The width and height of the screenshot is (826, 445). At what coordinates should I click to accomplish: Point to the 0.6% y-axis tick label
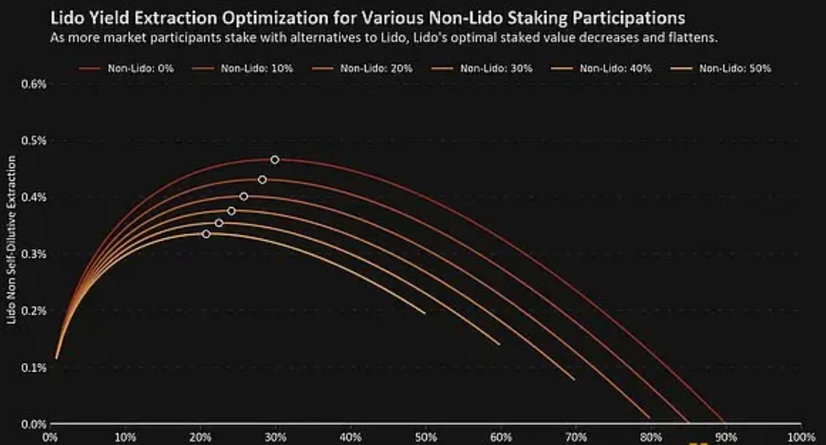[33, 83]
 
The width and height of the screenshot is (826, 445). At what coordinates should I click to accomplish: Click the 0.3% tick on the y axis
[33, 254]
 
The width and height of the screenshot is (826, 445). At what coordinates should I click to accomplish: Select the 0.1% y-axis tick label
[33, 367]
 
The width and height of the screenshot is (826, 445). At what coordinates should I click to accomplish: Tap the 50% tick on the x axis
[425, 437]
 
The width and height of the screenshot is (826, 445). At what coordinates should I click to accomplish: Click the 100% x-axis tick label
[798, 437]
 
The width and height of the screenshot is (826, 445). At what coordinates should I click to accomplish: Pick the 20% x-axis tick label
[199, 437]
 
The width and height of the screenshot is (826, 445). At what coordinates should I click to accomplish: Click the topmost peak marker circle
[275, 159]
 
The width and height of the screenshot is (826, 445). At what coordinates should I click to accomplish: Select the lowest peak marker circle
[206, 233]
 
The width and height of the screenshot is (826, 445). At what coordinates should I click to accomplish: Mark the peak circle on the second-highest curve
[263, 179]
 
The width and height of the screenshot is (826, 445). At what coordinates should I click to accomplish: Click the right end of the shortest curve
[425, 311]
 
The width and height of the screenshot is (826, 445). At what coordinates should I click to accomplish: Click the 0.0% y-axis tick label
[33, 424]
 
